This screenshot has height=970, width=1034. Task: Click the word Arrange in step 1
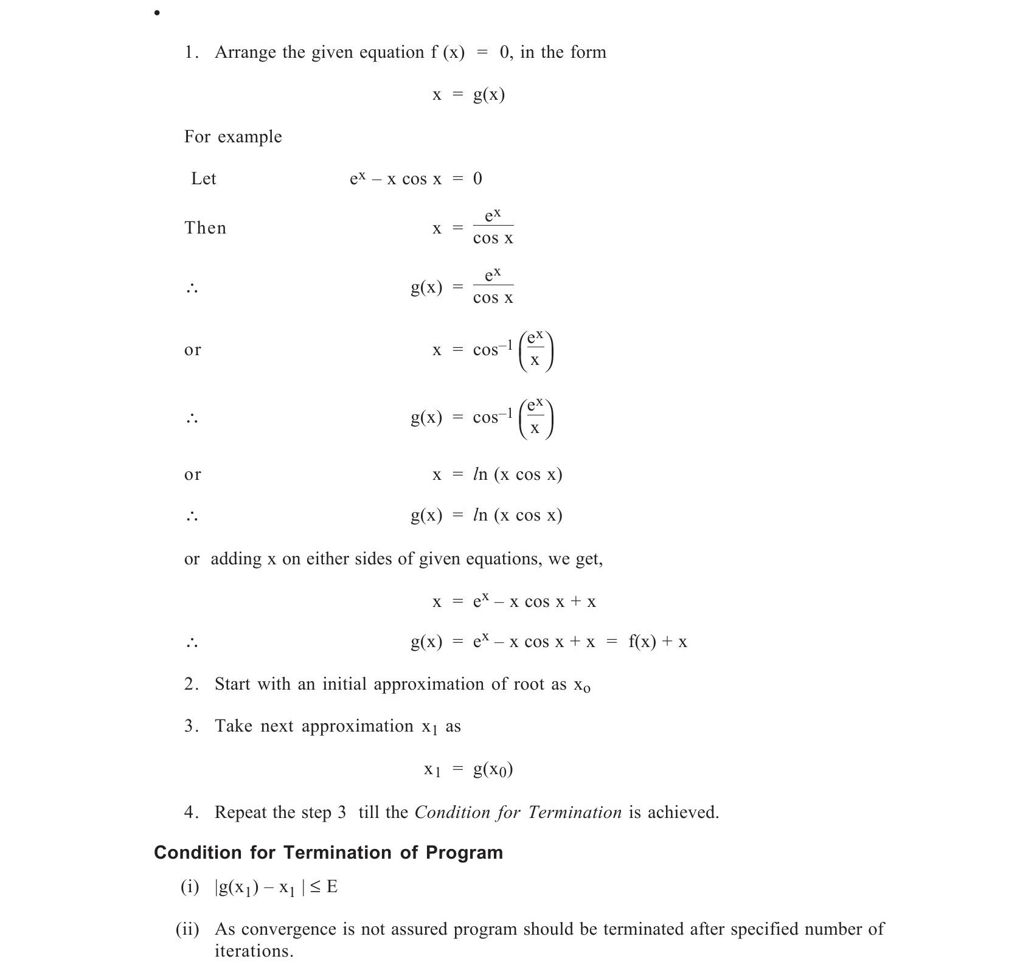click(x=245, y=53)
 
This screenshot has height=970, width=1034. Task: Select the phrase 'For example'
click(x=233, y=137)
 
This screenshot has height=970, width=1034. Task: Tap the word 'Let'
click(x=204, y=179)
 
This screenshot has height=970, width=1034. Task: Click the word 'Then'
click(x=206, y=228)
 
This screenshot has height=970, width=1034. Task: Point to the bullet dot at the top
click(x=157, y=13)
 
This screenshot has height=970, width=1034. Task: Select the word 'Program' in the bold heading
click(x=464, y=853)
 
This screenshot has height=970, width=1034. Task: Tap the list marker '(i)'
click(x=190, y=887)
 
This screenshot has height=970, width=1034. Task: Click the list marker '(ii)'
click(x=187, y=929)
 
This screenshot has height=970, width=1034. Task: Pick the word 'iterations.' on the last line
click(x=254, y=951)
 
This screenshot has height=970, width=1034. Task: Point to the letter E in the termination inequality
click(x=332, y=887)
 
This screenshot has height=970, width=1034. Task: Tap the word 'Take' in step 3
click(x=234, y=726)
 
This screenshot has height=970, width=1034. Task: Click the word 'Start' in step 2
click(x=232, y=684)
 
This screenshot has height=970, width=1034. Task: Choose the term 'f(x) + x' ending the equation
click(x=658, y=642)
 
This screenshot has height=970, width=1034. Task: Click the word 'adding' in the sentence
click(x=236, y=559)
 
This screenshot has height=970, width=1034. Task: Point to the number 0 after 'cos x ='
click(x=477, y=179)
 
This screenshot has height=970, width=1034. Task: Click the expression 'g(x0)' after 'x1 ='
click(x=493, y=770)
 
